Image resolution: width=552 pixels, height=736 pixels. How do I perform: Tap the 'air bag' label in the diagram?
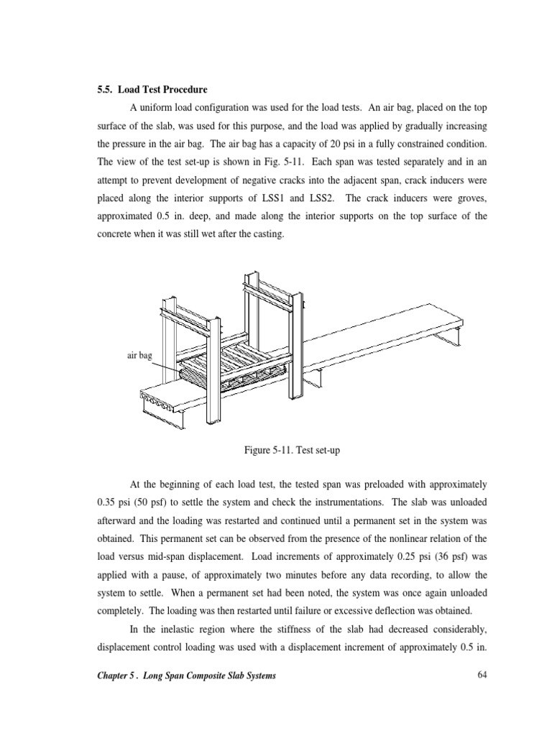pos(140,355)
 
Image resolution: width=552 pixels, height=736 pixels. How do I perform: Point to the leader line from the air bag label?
pos(172,368)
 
